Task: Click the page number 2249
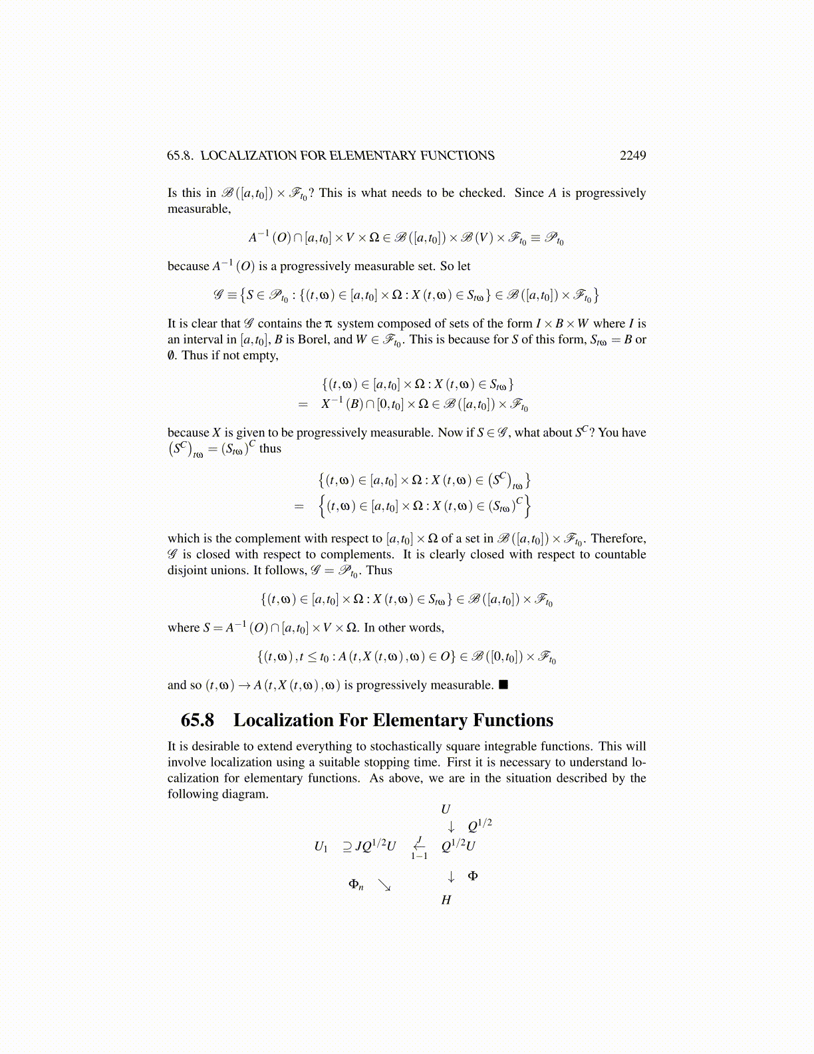[x=632, y=156]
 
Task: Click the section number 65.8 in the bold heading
[x=197, y=721]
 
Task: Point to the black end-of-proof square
[x=503, y=685]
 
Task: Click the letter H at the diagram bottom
[x=446, y=900]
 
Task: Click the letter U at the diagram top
[x=446, y=810]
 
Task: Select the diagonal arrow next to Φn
[x=384, y=885]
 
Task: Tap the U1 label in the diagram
[x=321, y=846]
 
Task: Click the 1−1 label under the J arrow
[x=419, y=856]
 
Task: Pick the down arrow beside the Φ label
[x=451, y=876]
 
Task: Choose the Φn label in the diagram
[x=356, y=884]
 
